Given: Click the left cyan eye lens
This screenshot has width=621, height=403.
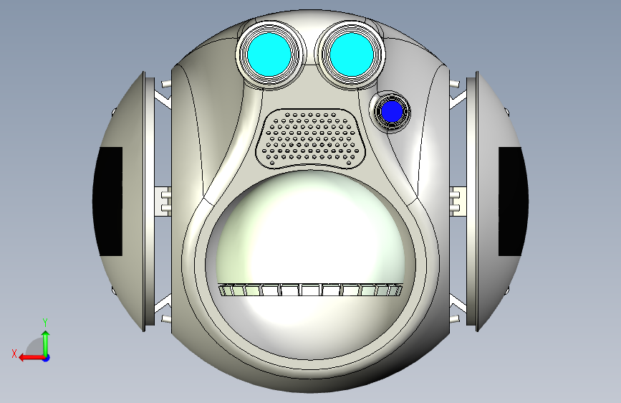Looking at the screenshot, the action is pos(269,54).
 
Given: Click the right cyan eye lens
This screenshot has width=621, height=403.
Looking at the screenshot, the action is pos(351,54).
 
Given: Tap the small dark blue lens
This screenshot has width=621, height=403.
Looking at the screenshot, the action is pos(392,111).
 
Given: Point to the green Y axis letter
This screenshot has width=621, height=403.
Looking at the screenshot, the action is pos(45,322).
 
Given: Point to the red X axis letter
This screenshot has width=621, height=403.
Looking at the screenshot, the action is pos(14,354).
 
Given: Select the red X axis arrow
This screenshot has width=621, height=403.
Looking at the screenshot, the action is pos(32,358).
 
